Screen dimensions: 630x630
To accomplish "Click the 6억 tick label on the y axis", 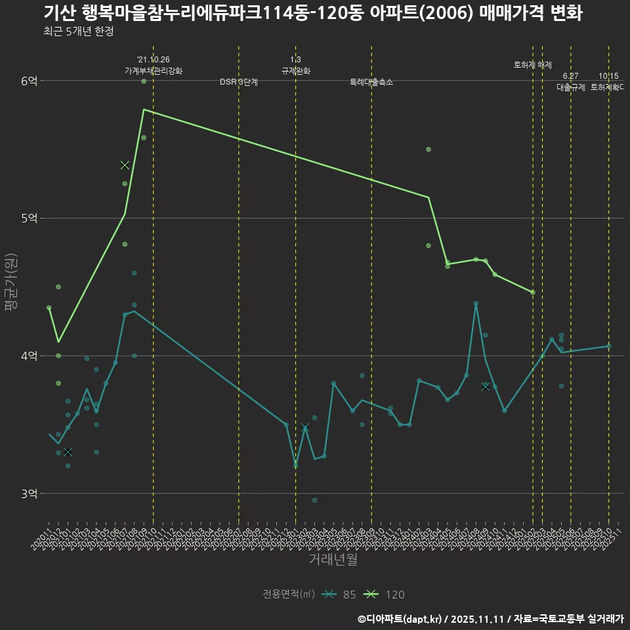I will click(29, 81).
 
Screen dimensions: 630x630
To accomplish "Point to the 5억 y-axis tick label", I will click(29, 218).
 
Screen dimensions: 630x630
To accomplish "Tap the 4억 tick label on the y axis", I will click(29, 356).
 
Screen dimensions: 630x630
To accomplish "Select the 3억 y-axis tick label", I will click(29, 493).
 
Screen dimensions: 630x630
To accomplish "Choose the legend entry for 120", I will click(385, 595).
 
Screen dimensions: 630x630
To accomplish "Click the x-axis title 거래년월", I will click(333, 560).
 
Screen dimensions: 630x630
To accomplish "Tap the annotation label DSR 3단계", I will click(239, 82).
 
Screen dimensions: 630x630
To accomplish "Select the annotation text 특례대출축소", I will click(371, 82).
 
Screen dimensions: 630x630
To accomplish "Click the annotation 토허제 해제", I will click(532, 65).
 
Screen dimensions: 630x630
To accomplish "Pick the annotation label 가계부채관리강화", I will click(154, 71).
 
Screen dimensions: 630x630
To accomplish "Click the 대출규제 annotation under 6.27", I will click(570, 87).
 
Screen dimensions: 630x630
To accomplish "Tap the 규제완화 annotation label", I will click(295, 71).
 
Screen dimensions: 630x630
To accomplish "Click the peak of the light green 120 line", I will click(144, 110).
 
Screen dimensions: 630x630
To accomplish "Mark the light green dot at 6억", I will click(144, 81).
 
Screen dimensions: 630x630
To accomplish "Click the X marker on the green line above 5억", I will click(125, 165).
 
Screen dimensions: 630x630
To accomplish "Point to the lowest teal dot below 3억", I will click(314, 500).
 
